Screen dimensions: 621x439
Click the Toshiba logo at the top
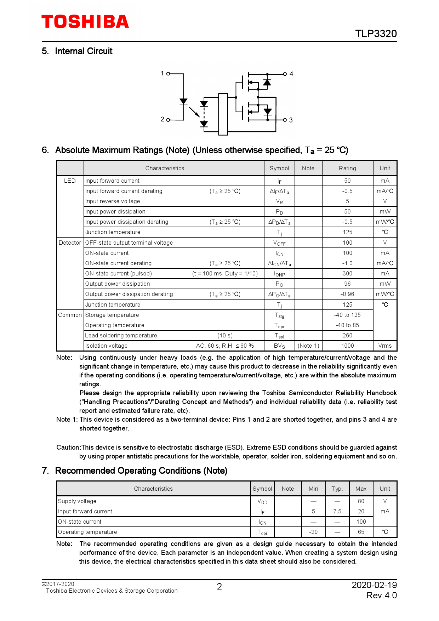pos(85,22)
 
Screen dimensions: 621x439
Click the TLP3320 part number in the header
pos(376,34)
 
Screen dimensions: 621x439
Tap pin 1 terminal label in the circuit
pos(162,73)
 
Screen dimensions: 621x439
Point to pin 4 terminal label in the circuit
pos(291,74)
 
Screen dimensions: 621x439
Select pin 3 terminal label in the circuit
pos(291,120)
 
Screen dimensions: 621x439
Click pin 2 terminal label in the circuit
pos(163,119)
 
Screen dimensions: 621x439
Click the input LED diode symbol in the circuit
pos(183,101)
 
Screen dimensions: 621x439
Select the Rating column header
pos(347,169)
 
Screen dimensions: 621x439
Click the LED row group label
pos(70,181)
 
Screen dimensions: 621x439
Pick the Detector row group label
pos(70,243)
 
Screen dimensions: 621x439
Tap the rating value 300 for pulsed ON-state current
pos(347,274)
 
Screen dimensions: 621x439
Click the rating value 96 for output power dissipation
pos(347,284)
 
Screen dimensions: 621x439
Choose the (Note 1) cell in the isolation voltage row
pos(308,346)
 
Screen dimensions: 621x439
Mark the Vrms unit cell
pos(385,346)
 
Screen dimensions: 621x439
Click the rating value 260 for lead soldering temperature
pos(347,336)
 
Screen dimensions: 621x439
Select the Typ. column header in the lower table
pos(337,489)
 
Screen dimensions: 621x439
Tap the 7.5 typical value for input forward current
pos(337,512)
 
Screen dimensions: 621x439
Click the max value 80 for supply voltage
pos(361,501)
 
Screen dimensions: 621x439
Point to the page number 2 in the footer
pos(219,587)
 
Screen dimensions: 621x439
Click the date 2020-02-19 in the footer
pos(374,585)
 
